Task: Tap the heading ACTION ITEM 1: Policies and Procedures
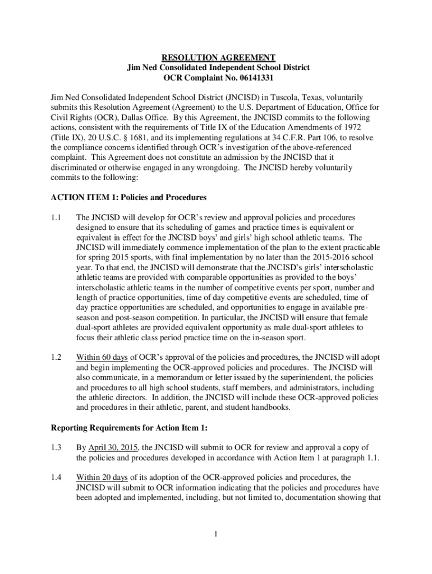coord(129,197)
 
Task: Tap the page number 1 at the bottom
coord(216,533)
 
